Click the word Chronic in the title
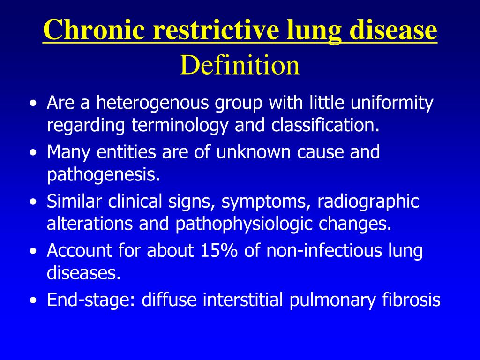pyautogui.click(x=94, y=29)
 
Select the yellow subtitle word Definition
pyautogui.click(x=240, y=65)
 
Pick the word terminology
pyautogui.click(x=180, y=126)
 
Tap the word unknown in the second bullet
pyautogui.click(x=253, y=151)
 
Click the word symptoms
pyautogui.click(x=264, y=202)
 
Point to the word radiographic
pyautogui.click(x=368, y=202)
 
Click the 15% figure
pyautogui.click(x=219, y=250)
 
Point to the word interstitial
pyautogui.click(x=243, y=299)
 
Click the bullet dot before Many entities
pyautogui.click(x=33, y=152)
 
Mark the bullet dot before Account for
pyautogui.click(x=33, y=251)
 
